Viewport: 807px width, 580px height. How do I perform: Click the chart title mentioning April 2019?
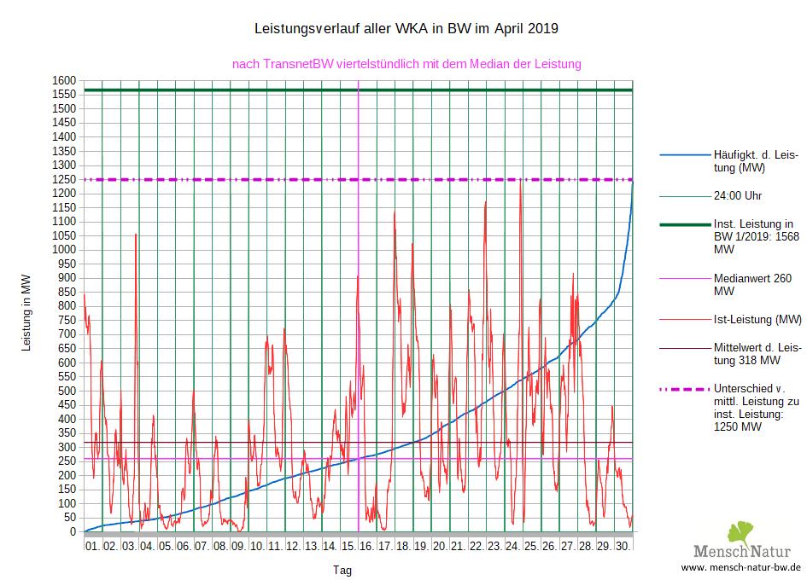pos(406,29)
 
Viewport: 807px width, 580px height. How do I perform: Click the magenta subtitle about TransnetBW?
pos(406,64)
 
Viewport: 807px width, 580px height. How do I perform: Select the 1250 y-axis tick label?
pos(64,179)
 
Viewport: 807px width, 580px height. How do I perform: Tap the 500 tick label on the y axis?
pos(67,391)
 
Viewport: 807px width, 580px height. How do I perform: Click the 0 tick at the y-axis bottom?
pos(73,532)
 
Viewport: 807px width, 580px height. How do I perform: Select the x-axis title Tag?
pos(342,571)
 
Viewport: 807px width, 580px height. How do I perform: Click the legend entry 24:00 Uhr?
pos(737,195)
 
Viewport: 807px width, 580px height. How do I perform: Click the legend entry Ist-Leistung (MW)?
pos(757,320)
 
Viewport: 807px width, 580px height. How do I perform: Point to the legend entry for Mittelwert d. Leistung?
pos(757,355)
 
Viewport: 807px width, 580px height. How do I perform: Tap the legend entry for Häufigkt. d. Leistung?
pos(755,161)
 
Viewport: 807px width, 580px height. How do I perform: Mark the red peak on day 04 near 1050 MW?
pos(136,234)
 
